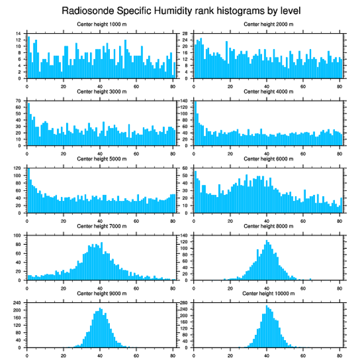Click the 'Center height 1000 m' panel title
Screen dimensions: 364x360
101,24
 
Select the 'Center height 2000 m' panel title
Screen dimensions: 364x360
268,24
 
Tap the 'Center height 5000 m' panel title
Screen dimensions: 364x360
101,159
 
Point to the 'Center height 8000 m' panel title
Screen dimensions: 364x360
268,226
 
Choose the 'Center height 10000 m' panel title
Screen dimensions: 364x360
268,294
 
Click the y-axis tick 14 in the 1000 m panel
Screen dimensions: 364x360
19,34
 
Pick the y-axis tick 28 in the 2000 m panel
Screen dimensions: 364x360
186,34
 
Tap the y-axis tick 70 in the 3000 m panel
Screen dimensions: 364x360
19,101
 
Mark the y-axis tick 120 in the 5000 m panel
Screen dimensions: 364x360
18,168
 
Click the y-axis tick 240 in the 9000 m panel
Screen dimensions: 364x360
18,303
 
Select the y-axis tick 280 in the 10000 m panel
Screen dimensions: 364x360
185,303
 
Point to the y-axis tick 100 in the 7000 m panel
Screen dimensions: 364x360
18,236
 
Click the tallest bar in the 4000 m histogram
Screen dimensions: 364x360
195,124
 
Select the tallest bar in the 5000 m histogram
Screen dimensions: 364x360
29,190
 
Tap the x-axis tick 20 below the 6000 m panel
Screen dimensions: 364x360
230,220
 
